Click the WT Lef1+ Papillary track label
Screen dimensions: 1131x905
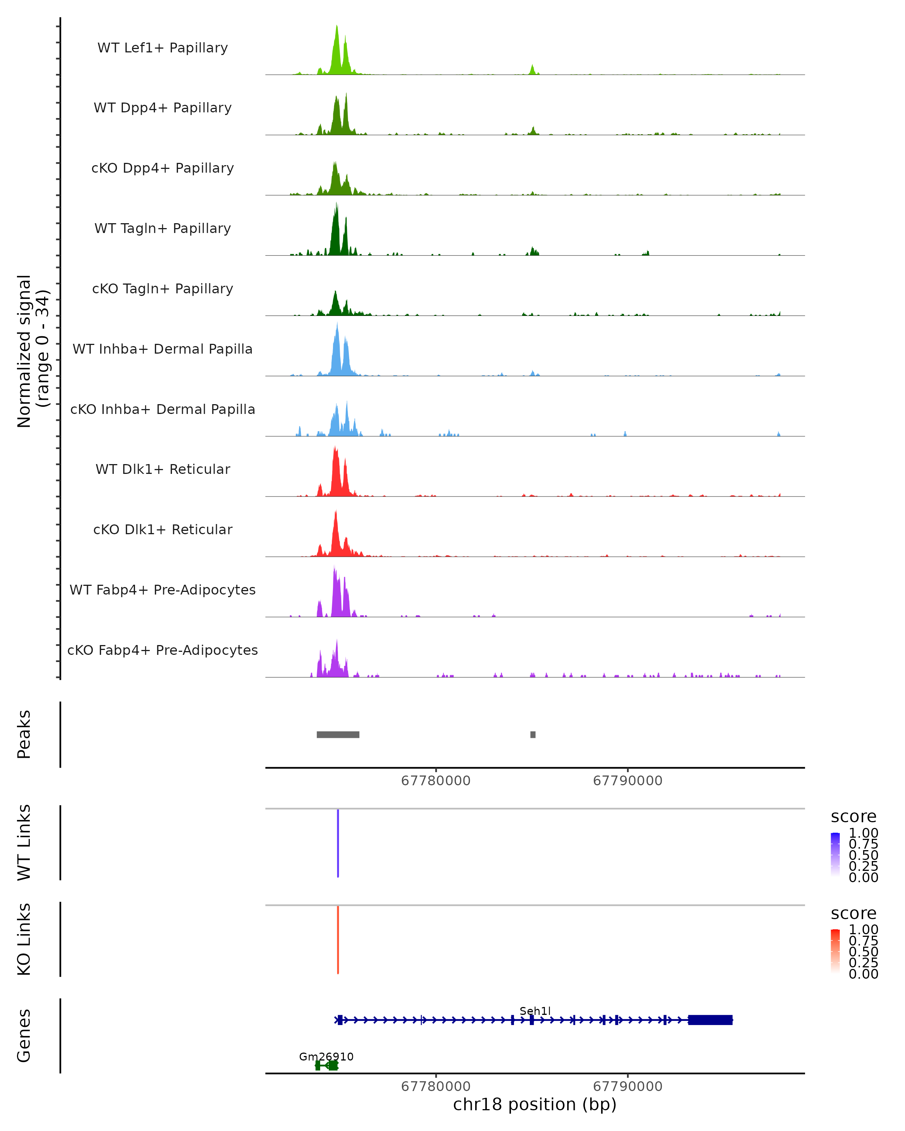[x=163, y=48]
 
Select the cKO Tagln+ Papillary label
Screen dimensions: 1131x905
[x=163, y=288]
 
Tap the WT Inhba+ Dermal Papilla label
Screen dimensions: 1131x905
[x=163, y=349]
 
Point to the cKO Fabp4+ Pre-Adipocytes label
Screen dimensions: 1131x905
[x=163, y=650]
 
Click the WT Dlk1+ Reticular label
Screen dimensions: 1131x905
[x=163, y=469]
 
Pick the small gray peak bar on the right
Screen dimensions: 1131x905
[x=533, y=734]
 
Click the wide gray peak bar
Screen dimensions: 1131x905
[x=338, y=734]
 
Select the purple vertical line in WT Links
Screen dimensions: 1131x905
[x=338, y=843]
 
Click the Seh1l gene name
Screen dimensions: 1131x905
[x=535, y=1011]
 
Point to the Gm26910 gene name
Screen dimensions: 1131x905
[x=326, y=1056]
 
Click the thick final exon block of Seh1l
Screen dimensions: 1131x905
[x=710, y=1020]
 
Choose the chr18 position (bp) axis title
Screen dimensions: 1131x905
[x=535, y=1104]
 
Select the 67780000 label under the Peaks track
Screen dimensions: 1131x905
[x=436, y=781]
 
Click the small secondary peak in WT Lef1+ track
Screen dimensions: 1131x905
[x=532, y=70]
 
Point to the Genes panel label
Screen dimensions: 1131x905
[x=24, y=1036]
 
